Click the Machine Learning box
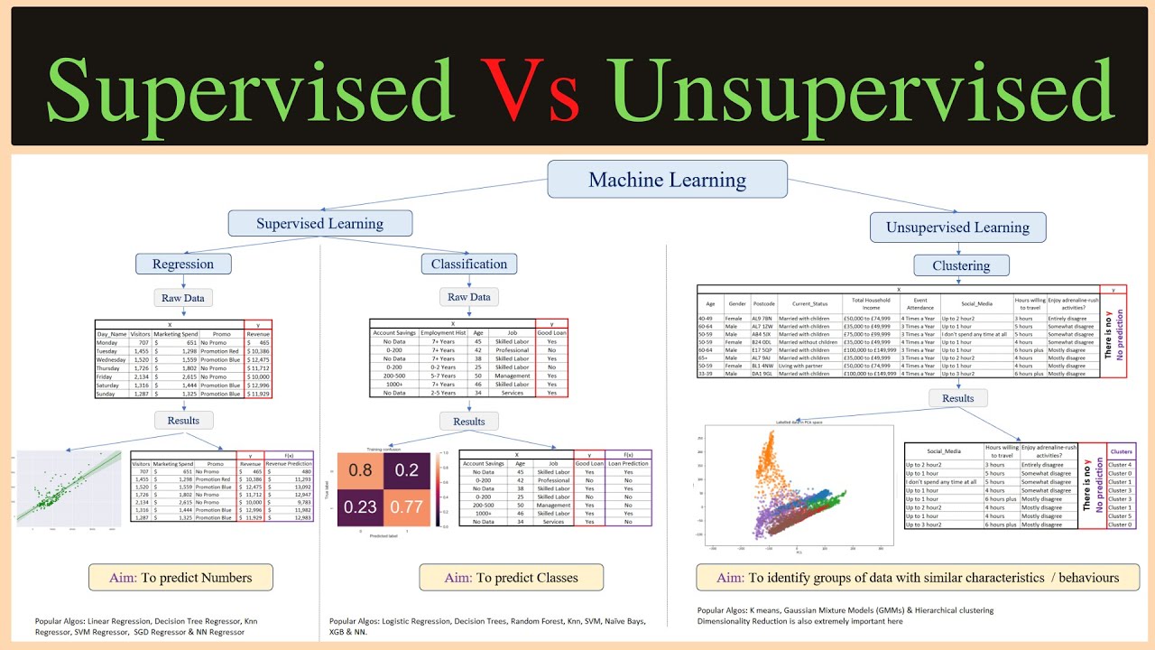[x=667, y=180]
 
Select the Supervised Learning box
[x=319, y=224]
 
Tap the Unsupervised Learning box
[x=957, y=227]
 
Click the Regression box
[x=183, y=265]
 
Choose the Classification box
[x=469, y=265]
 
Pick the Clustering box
[x=960, y=266]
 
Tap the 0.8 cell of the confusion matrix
[x=361, y=469]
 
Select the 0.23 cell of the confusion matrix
[x=361, y=506]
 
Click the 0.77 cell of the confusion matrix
[x=405, y=506]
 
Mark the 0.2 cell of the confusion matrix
[x=405, y=469]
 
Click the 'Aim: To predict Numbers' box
[x=180, y=578]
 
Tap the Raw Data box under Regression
[x=183, y=298]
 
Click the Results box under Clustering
[x=957, y=398]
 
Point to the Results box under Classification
[x=469, y=422]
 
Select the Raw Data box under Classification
[x=469, y=297]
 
